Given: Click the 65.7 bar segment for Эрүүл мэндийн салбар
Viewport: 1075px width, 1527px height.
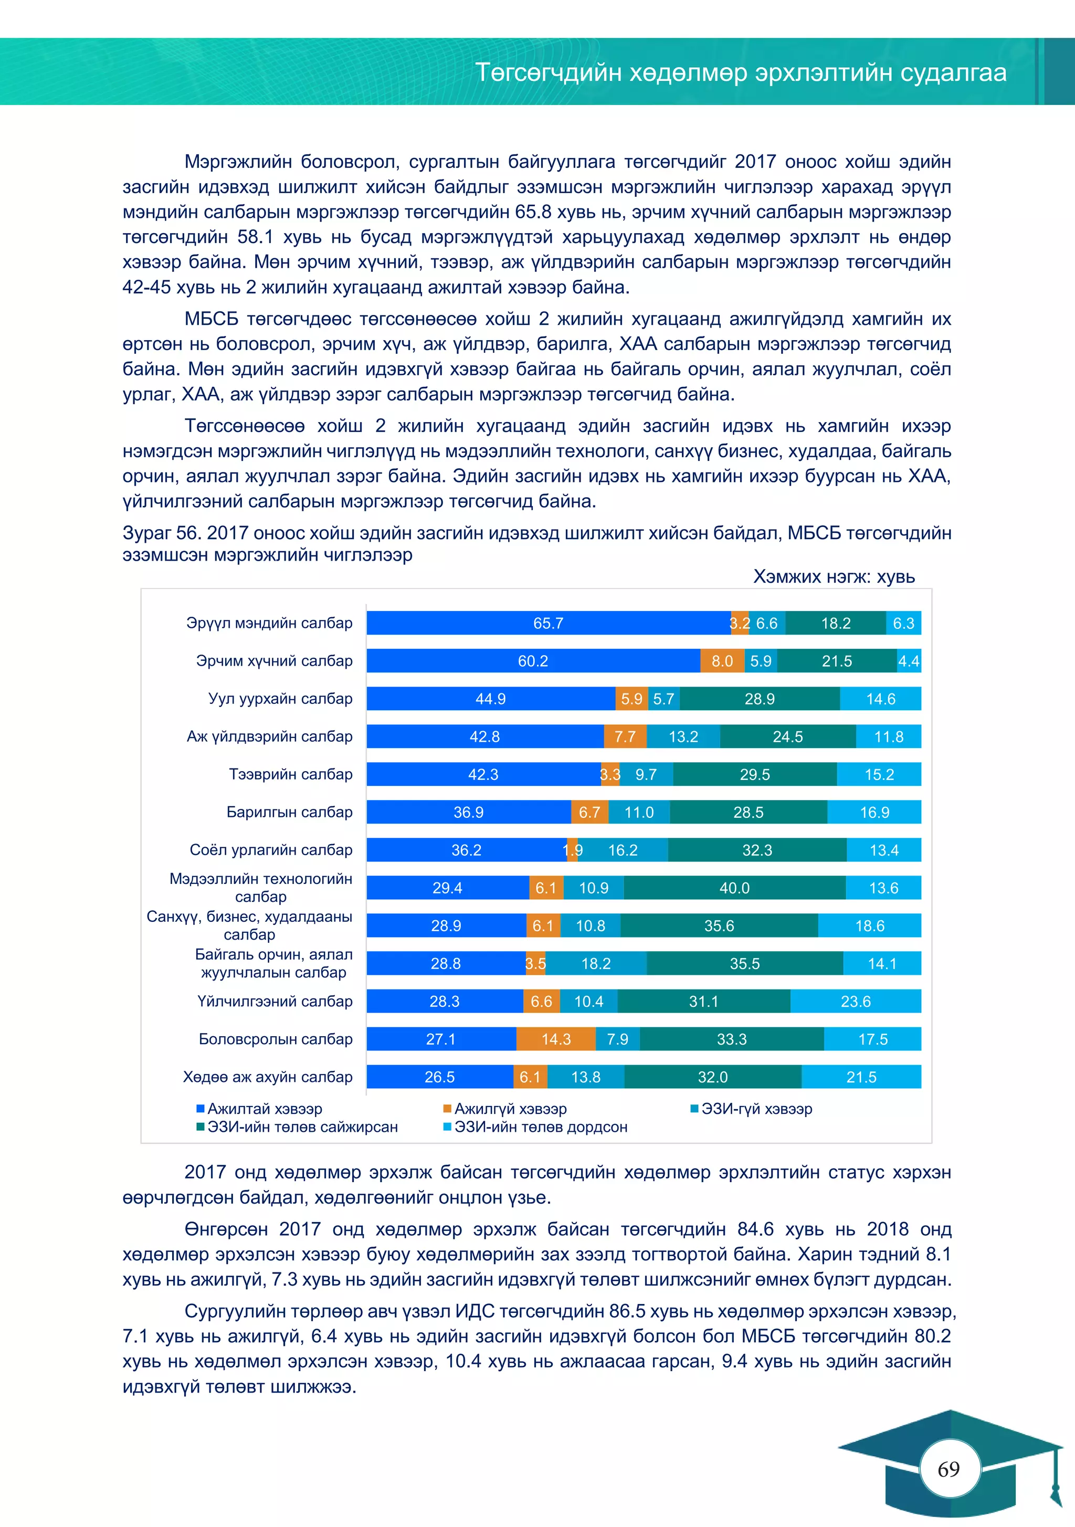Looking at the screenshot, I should pyautogui.click(x=548, y=623).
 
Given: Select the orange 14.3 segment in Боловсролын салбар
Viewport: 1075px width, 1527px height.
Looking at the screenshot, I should pyautogui.click(x=556, y=1039).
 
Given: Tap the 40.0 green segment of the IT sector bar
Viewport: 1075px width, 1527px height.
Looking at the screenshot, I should pyautogui.click(x=734, y=888).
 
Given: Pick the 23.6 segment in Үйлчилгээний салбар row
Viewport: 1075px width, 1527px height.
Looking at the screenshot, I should pyautogui.click(x=856, y=1001).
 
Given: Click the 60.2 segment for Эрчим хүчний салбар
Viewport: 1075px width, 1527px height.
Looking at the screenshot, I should pyautogui.click(x=533, y=661).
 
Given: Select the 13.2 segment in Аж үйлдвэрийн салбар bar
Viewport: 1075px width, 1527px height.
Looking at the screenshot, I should pyautogui.click(x=683, y=737).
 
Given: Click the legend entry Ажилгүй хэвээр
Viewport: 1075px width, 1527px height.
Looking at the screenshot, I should pyautogui.click(x=510, y=1109).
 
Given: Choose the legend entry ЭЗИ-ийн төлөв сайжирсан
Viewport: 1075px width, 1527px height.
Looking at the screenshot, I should pyautogui.click(x=302, y=1126).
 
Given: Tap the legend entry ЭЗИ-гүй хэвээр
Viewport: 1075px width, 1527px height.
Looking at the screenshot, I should pyautogui.click(x=756, y=1109).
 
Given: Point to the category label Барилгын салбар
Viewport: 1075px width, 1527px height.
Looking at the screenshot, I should pyautogui.click(x=289, y=812).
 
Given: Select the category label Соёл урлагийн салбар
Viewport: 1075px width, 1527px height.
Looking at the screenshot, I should pyautogui.click(x=271, y=850).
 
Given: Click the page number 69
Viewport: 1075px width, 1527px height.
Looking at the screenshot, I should pyautogui.click(x=948, y=1469).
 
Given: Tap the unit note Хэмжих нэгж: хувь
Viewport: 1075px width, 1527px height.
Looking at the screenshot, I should pyautogui.click(x=834, y=576).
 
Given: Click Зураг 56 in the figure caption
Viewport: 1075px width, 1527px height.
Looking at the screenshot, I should pyautogui.click(x=161, y=533).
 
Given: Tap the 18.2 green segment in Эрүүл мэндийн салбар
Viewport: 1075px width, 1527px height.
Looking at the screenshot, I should pyautogui.click(x=836, y=623).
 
